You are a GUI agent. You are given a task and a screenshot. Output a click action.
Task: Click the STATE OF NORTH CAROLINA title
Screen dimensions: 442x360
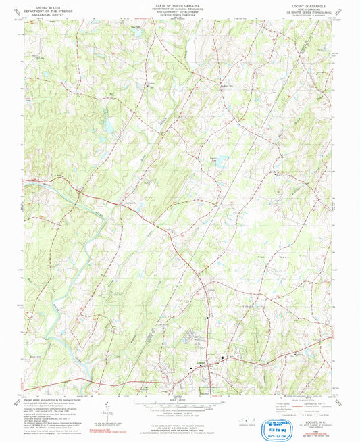point(179,5)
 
